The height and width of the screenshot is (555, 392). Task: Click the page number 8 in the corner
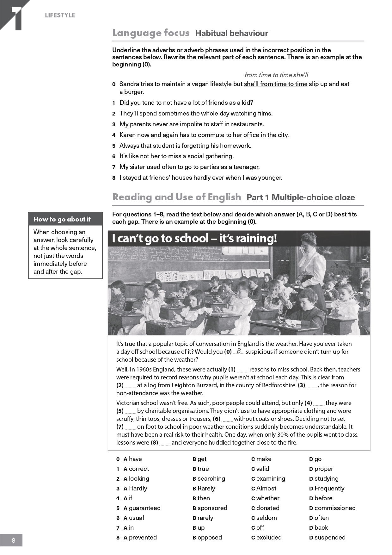13,540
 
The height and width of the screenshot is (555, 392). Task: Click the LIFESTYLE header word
60,15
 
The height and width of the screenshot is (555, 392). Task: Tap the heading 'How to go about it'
62,219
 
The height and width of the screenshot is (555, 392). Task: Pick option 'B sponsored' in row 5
210,508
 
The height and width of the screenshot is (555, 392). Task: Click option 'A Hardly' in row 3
135,488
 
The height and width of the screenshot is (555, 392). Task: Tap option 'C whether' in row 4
265,498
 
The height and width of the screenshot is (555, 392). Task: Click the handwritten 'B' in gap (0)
239,351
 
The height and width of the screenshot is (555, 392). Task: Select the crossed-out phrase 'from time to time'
284,84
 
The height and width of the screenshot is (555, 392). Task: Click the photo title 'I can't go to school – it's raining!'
194,238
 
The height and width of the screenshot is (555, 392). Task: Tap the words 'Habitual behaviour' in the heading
231,33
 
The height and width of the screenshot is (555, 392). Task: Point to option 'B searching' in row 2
209,478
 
